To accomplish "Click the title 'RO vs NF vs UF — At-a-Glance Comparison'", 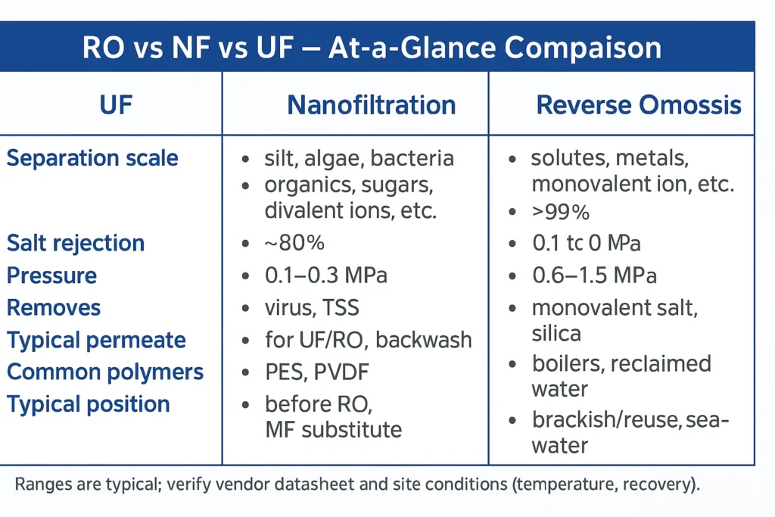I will [371, 47].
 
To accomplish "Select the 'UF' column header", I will [116, 104].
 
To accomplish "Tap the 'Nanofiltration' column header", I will [371, 104].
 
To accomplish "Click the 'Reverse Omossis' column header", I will [638, 104].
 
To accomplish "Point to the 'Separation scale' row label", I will [92, 158].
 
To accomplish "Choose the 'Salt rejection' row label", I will [76, 243].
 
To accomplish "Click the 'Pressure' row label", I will [51, 275].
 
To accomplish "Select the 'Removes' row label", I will [54, 307].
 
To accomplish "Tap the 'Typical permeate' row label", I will [96, 340].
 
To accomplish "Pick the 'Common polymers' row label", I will [105, 372].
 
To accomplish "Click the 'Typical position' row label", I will [89, 404].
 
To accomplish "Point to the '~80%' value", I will [294, 243].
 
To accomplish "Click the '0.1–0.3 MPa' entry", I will [325, 275].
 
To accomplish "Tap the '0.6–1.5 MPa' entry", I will [594, 276].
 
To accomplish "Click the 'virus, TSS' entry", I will [312, 307].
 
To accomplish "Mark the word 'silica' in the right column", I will [556, 332].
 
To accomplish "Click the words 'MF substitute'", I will [333, 430].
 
